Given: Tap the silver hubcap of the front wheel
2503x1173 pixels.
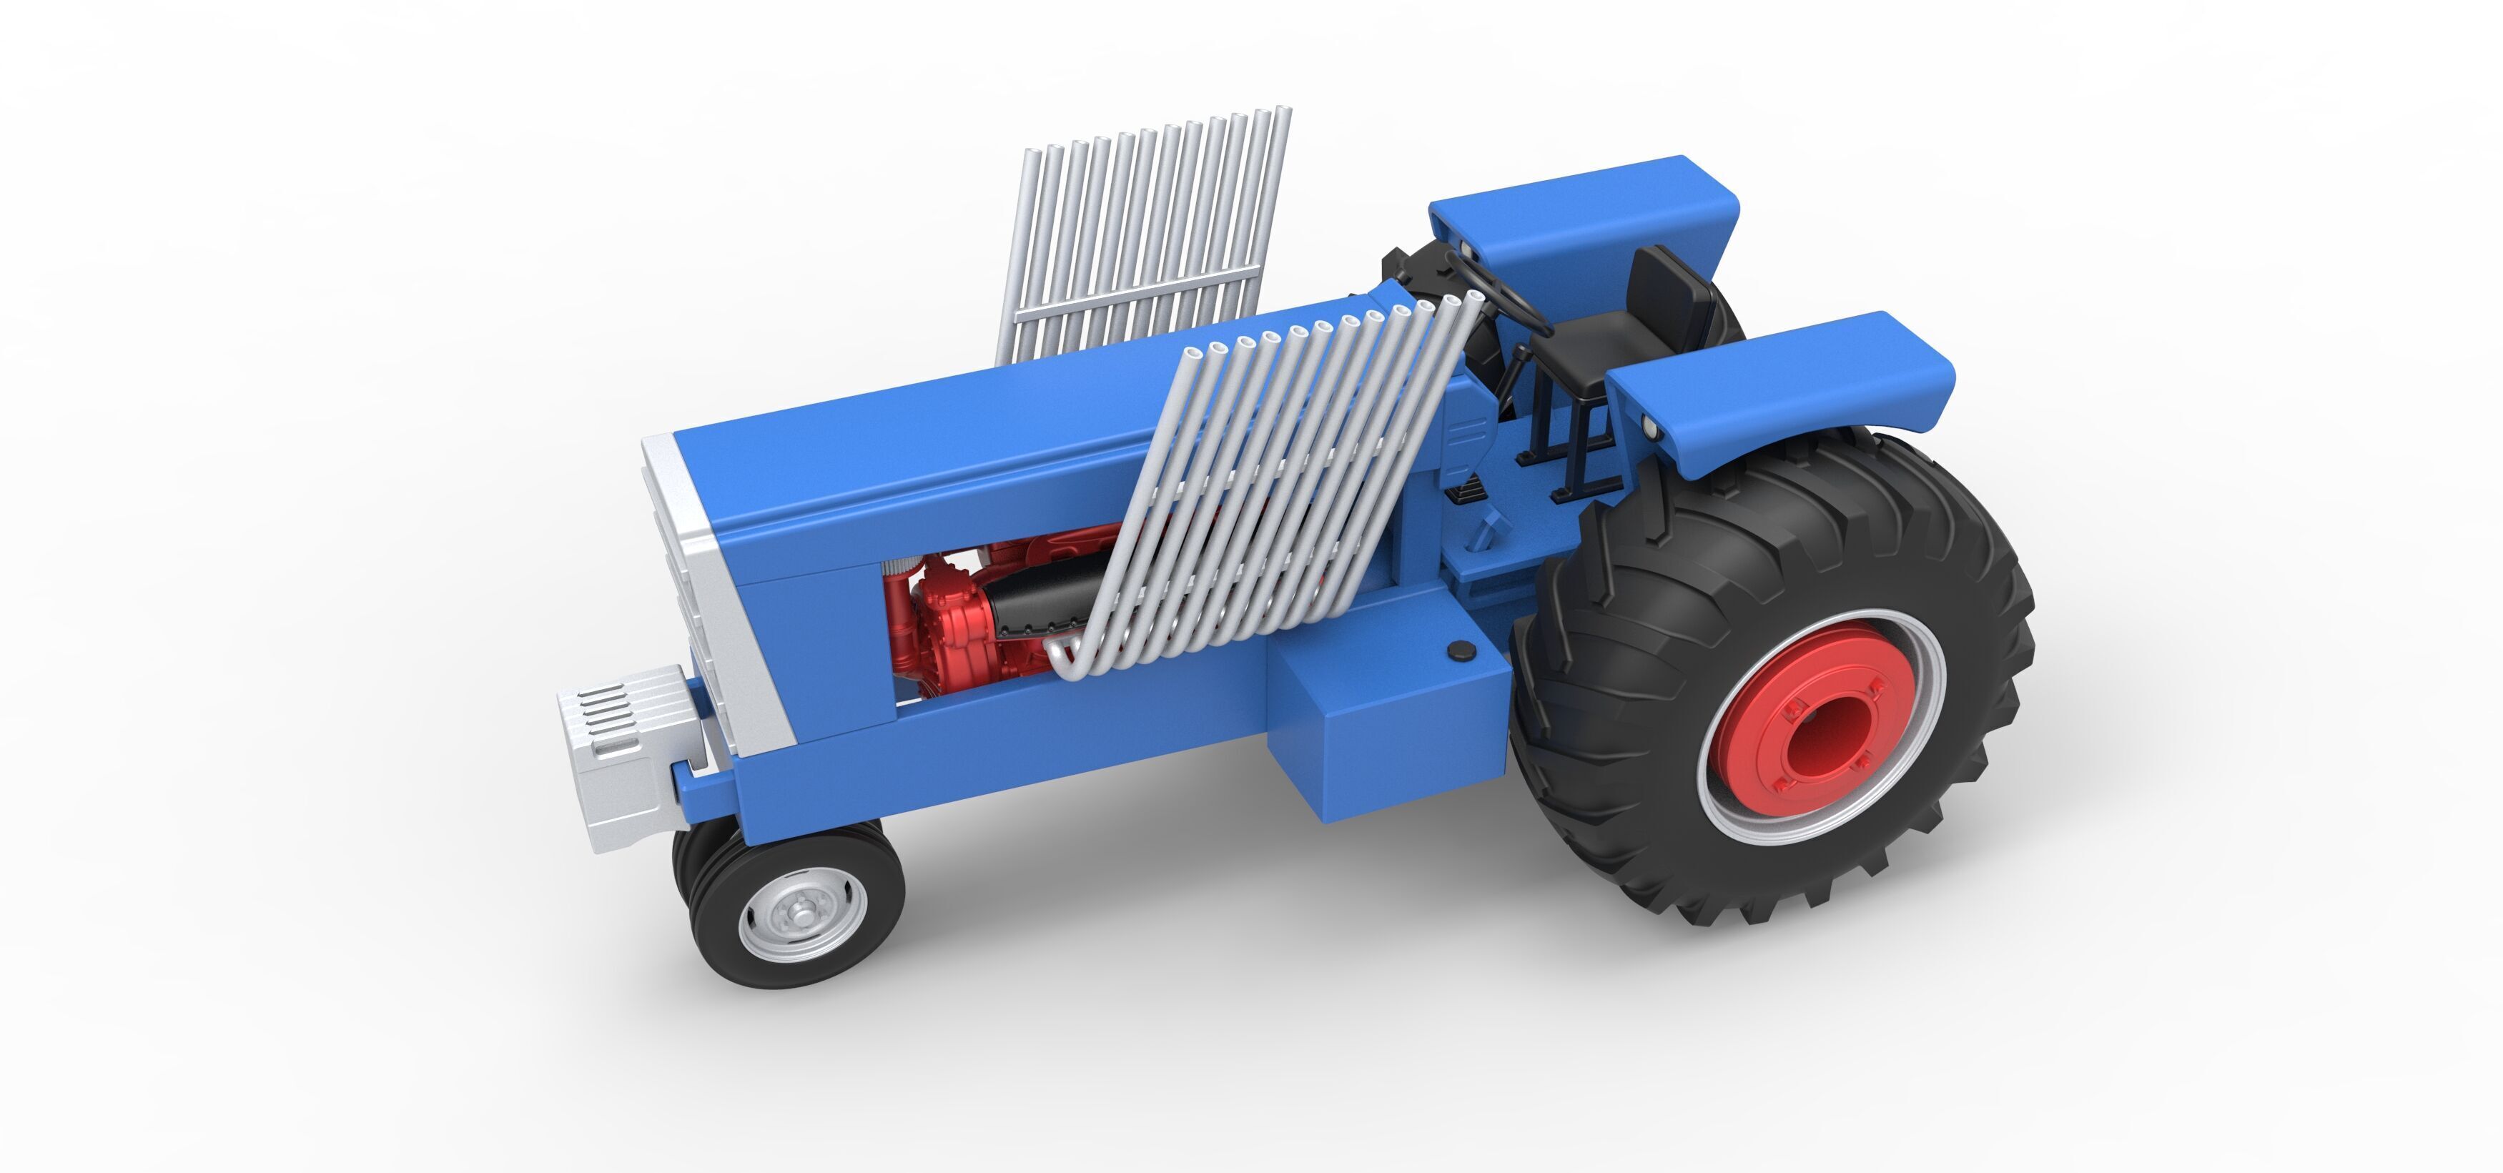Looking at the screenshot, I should (x=801, y=914).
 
